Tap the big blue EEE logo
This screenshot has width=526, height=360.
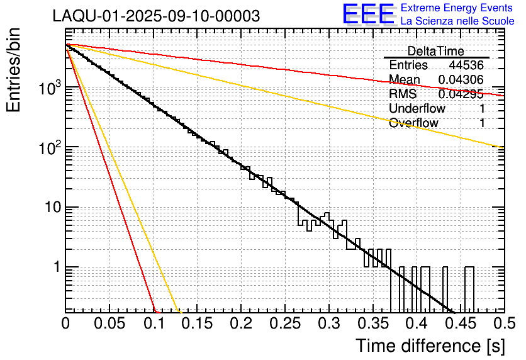(x=369, y=15)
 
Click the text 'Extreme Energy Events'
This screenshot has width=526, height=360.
(x=457, y=8)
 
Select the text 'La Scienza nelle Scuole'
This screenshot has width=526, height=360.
(x=457, y=21)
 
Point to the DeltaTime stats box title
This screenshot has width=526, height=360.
(x=435, y=51)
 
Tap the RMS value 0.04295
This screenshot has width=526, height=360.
(x=461, y=94)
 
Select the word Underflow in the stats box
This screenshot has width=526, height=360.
(x=417, y=109)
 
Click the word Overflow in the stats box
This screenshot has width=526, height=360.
(x=413, y=123)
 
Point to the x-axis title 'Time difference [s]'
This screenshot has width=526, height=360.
(x=430, y=346)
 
